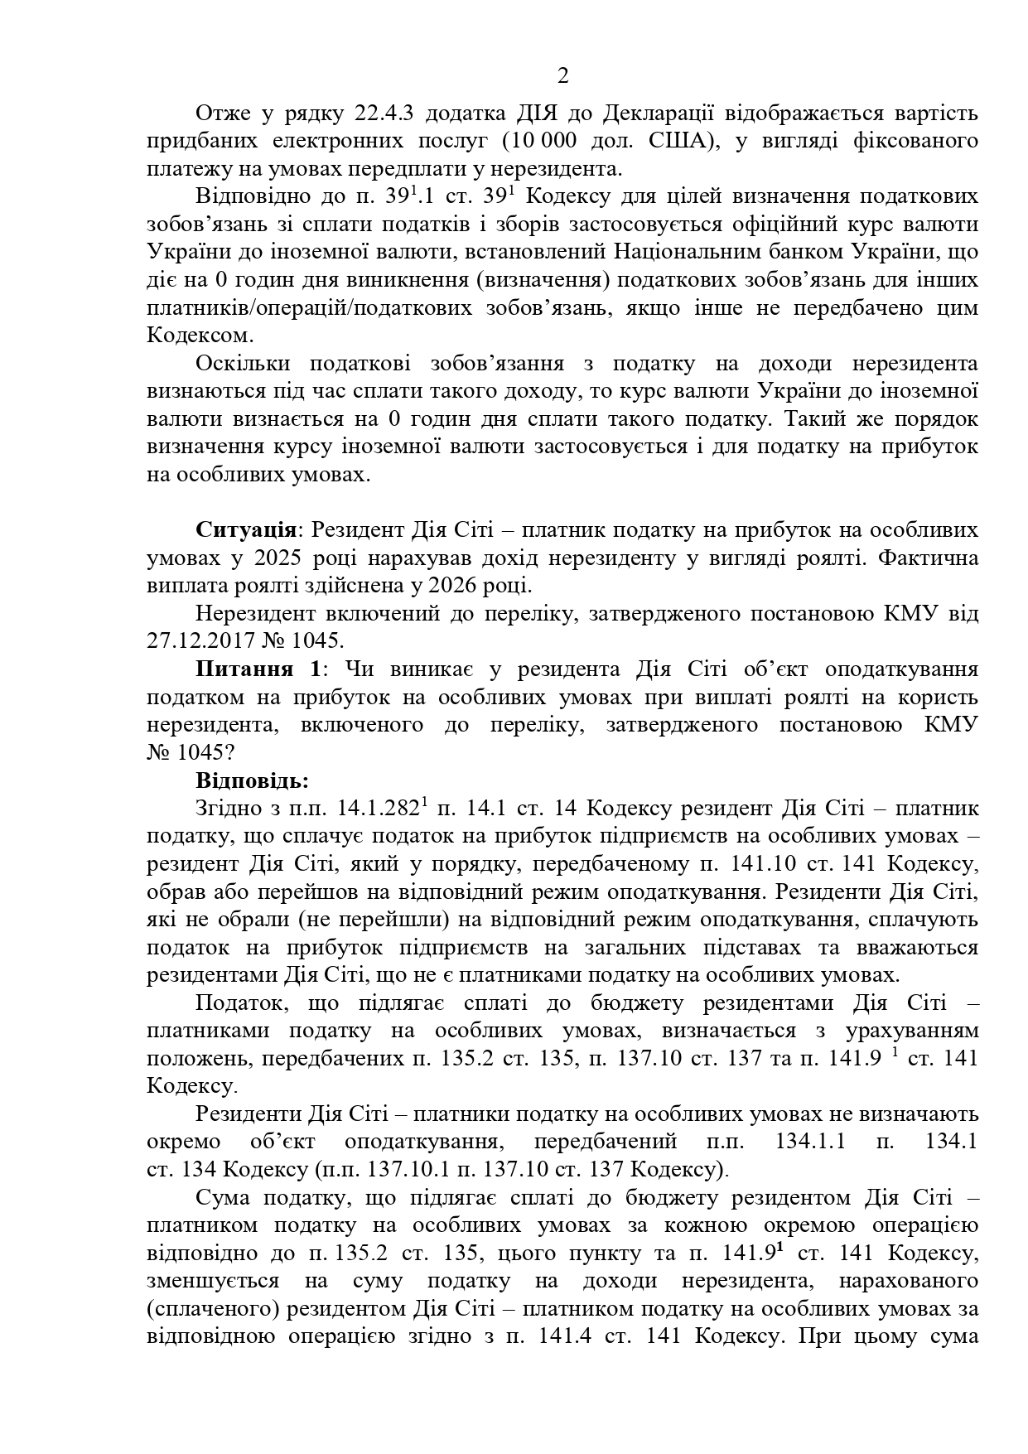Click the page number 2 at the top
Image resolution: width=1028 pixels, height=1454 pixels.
[x=563, y=77]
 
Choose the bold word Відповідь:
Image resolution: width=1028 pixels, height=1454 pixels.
[x=252, y=780]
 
